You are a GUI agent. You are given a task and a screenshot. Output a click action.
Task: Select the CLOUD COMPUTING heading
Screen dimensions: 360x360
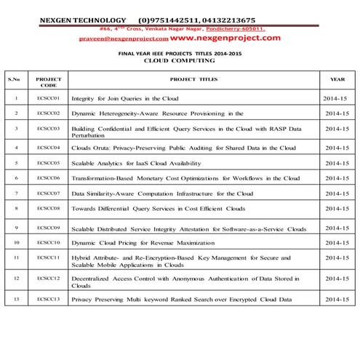coord(178,62)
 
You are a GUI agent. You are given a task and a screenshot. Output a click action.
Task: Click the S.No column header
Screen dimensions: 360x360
coord(14,79)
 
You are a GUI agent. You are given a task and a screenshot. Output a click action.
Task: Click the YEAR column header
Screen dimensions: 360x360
coord(337,79)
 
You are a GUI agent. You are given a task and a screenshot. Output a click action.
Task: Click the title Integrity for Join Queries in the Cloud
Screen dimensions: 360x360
coord(125,97)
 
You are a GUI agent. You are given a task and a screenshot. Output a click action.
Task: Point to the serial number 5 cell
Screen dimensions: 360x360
coord(15,163)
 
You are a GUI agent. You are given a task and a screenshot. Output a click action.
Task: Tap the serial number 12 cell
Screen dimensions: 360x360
coord(15,278)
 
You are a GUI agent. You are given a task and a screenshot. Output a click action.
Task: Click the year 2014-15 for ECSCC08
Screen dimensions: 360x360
coord(337,208)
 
